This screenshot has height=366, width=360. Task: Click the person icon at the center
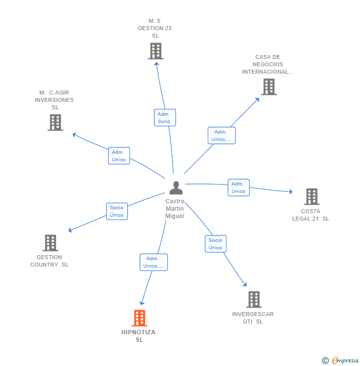176,188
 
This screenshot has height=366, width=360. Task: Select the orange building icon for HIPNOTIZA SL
140,318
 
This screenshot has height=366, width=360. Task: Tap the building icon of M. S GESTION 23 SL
155,51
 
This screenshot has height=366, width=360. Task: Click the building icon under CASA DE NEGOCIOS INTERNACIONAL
269,87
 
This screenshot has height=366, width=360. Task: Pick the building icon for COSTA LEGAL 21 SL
311,196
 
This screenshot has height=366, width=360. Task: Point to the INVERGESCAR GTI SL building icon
254,299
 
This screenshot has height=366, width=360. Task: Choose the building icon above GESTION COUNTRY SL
50,243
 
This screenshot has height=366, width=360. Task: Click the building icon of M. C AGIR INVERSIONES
55,122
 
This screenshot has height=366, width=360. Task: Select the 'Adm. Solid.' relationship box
165,118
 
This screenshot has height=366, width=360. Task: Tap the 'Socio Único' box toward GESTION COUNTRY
117,211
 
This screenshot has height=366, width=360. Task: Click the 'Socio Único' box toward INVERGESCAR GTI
215,244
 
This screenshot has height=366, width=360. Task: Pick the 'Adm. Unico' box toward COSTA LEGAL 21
238,187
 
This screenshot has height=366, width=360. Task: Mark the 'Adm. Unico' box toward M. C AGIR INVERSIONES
119,156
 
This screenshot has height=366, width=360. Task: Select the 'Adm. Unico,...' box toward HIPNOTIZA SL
153,262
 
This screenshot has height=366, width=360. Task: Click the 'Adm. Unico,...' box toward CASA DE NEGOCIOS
221,136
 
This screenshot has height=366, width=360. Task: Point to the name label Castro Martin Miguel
175,209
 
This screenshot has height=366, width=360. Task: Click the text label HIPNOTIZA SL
138,336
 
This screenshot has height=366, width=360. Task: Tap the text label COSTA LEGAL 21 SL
310,215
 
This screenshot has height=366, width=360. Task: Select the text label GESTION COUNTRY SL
49,261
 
